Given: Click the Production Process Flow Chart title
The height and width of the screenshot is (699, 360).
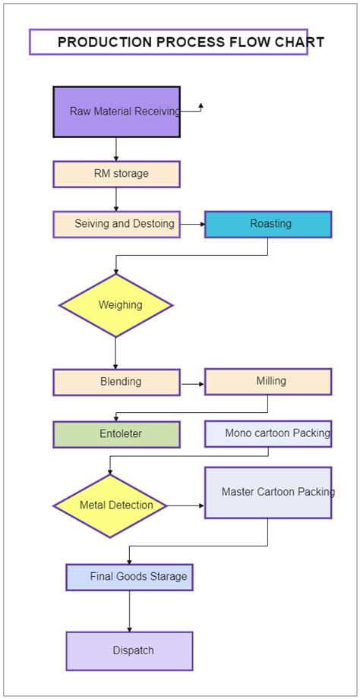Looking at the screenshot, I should [x=169, y=42].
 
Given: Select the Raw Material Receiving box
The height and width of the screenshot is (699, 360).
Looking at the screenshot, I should [x=116, y=112].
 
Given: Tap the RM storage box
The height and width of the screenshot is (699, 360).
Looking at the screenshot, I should [x=116, y=174].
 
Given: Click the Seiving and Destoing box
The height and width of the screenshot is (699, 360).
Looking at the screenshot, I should [x=116, y=224].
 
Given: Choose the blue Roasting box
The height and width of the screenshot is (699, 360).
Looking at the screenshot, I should [x=268, y=224].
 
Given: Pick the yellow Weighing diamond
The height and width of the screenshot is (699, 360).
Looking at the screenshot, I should [x=116, y=305].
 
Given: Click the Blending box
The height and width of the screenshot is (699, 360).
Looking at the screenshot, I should [x=116, y=382].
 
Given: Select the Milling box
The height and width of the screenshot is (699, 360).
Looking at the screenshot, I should [x=268, y=381].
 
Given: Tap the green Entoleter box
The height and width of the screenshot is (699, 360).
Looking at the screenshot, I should [x=116, y=434].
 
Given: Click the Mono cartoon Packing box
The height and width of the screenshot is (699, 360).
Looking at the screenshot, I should [x=268, y=433].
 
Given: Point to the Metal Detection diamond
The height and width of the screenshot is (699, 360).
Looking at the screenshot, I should [x=111, y=505].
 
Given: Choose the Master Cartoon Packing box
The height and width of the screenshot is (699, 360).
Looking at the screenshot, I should [x=268, y=493].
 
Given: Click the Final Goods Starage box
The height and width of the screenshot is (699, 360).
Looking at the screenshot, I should [x=129, y=577].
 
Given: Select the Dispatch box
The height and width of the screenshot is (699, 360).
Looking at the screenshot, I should [x=129, y=650].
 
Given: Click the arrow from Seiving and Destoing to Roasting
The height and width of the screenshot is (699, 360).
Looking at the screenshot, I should [x=192, y=224].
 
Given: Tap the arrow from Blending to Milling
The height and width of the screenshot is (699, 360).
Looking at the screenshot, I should [x=192, y=385].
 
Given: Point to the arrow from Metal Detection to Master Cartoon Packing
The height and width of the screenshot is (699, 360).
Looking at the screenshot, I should [x=185, y=505].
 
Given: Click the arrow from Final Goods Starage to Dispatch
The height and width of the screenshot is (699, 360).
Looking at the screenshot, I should [x=129, y=611].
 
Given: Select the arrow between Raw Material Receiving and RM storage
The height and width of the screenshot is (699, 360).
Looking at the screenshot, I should [x=116, y=149].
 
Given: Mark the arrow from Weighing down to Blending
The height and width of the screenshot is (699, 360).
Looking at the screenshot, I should [x=116, y=353].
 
